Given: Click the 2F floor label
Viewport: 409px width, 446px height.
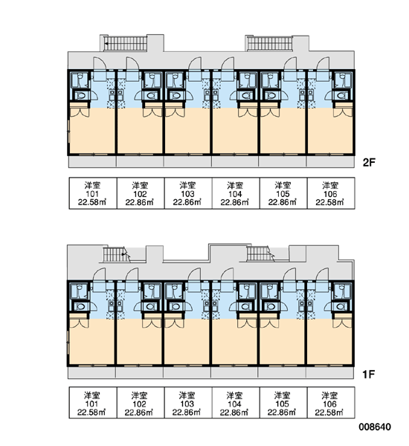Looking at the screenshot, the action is pyautogui.click(x=369, y=162).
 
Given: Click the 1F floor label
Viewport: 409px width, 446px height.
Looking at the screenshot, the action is pyautogui.click(x=368, y=375).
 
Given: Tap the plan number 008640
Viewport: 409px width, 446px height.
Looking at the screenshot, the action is pyautogui.click(x=375, y=427).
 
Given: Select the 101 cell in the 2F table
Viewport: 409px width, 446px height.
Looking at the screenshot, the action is pyautogui.click(x=93, y=193).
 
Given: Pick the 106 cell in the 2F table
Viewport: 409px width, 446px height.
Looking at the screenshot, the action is pyautogui.click(x=331, y=193).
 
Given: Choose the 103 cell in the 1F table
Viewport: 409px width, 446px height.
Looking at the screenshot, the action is pyautogui.click(x=187, y=403).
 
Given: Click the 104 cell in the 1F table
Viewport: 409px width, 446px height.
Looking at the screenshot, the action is pyautogui.click(x=236, y=403).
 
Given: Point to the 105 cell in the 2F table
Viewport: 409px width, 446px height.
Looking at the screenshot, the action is pyautogui.click(x=283, y=193).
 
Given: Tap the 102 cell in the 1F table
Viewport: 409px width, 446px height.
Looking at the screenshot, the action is pyautogui.click(x=141, y=403).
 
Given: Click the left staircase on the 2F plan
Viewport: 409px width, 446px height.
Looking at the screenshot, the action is pyautogui.click(x=125, y=44).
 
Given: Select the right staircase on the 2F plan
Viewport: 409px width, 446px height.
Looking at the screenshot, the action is pyautogui.click(x=269, y=44).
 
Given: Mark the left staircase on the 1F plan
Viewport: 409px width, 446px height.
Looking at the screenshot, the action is pyautogui.click(x=115, y=254).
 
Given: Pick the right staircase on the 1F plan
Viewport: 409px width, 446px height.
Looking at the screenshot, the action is pyautogui.click(x=260, y=253).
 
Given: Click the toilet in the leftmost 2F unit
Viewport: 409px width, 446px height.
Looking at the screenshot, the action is pyautogui.click(x=80, y=96).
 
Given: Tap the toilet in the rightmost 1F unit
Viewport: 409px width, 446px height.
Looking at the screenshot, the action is pyautogui.click(x=341, y=306).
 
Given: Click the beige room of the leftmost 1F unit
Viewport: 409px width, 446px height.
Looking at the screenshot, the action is pyautogui.click(x=91, y=342).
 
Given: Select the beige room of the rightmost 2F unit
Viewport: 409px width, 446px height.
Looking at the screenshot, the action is pyautogui.click(x=330, y=131).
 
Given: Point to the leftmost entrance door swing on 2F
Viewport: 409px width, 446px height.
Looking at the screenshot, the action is pyautogui.click(x=100, y=63).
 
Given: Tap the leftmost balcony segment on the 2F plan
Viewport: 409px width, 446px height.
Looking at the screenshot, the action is pyautogui.click(x=92, y=161).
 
